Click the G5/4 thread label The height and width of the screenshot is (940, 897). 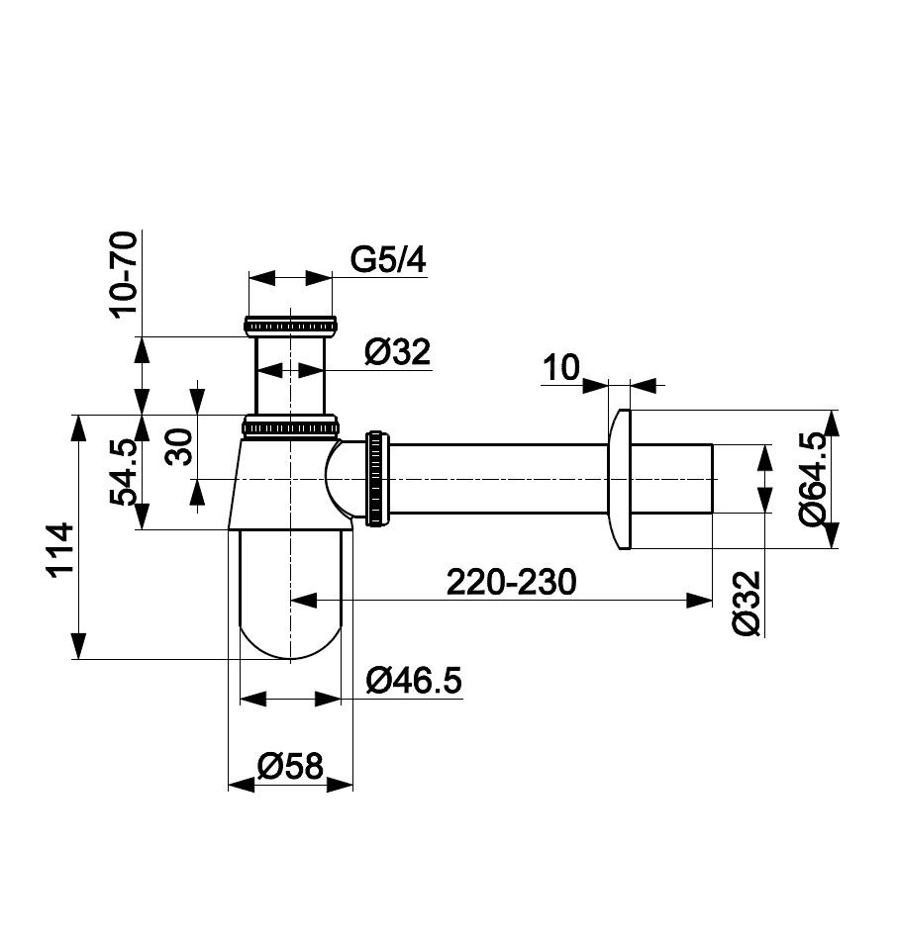[388, 260]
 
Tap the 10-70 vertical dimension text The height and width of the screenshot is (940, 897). [124, 274]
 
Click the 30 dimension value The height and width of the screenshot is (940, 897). [179, 446]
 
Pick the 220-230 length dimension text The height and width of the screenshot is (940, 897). [511, 582]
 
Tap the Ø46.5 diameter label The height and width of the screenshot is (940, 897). [414, 681]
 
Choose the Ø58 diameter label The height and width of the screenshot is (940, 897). [290, 766]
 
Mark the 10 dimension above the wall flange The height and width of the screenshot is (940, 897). [561, 367]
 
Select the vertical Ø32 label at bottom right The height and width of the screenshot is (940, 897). [747, 604]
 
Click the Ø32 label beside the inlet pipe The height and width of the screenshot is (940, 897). [398, 352]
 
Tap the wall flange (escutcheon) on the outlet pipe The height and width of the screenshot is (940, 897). [620, 479]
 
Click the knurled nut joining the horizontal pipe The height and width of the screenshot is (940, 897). [377, 478]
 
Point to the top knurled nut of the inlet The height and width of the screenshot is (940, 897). [290, 326]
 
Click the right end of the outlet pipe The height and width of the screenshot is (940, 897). [712, 479]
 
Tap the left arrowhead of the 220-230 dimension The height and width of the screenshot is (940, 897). [304, 600]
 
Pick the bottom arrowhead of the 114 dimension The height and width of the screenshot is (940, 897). [78, 646]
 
